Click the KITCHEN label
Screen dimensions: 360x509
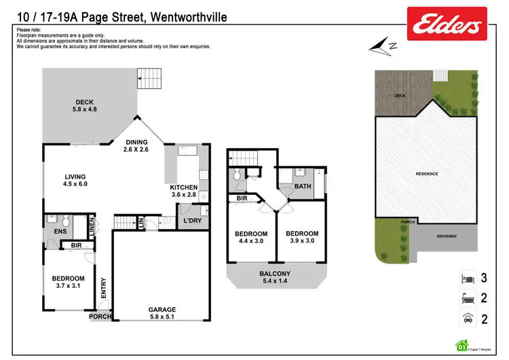click(x=183, y=191)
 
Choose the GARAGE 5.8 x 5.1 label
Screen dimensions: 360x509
click(x=162, y=313)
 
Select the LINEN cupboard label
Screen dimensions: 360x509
click(x=90, y=226)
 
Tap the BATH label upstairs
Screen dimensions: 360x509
click(x=303, y=185)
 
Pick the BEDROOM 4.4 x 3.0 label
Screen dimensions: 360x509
click(x=252, y=237)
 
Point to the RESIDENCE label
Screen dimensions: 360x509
click(x=427, y=174)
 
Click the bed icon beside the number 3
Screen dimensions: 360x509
click(x=466, y=278)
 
